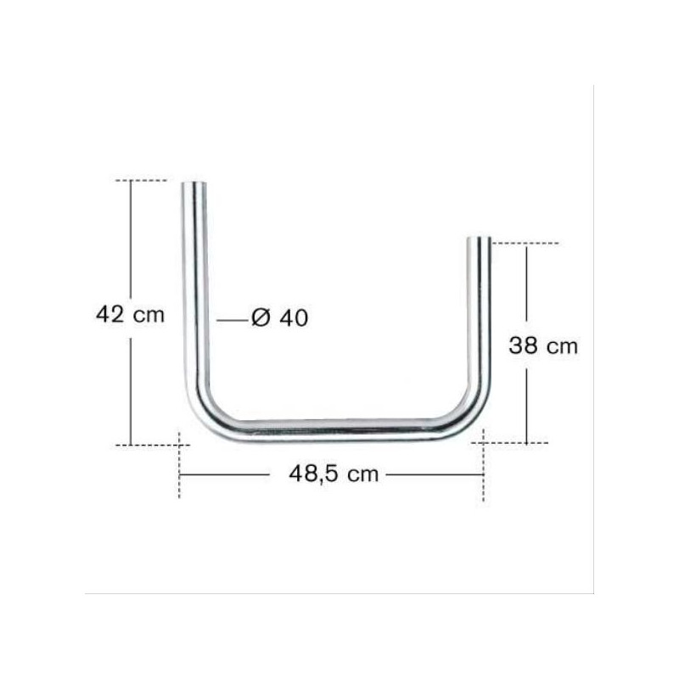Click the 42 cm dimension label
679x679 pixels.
(131, 314)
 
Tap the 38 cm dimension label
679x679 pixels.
(543, 346)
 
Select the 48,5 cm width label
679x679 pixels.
(334, 474)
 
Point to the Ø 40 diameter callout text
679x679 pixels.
(280, 317)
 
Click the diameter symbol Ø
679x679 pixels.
(261, 317)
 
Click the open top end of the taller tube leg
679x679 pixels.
(194, 183)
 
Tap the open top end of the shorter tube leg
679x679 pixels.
(479, 239)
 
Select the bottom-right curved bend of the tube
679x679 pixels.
(471, 412)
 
